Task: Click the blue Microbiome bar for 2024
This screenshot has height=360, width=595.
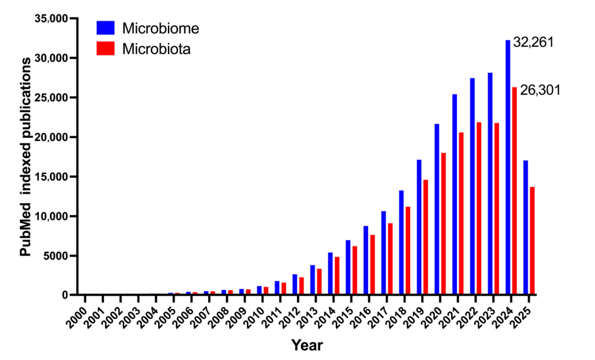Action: click(508, 167)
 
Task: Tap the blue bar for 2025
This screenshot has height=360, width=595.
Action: click(526, 227)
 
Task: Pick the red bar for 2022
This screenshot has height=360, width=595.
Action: click(479, 209)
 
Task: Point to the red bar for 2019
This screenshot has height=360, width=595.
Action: click(425, 237)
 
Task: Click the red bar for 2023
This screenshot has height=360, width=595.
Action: click(496, 209)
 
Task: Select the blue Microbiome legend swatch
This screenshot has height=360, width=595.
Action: click(106, 28)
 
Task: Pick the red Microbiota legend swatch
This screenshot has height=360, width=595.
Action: click(106, 48)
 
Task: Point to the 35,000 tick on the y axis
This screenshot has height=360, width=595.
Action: click(52, 19)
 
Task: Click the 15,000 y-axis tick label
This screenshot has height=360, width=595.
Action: click(52, 177)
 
